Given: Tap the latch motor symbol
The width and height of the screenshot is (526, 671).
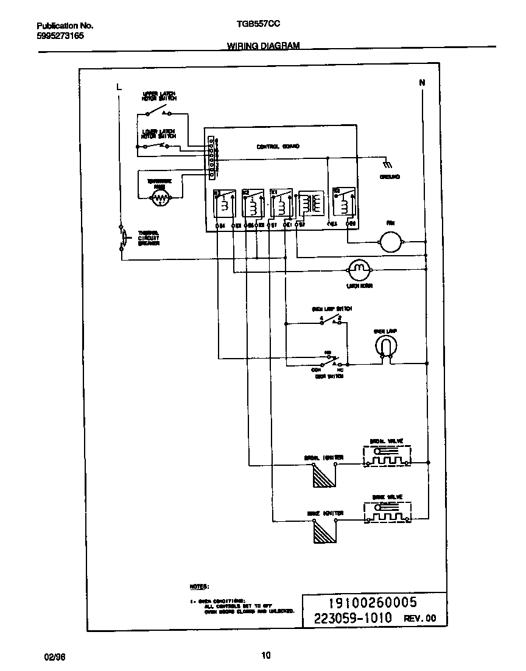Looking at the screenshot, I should [359, 267].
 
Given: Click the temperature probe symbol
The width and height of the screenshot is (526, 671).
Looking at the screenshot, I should [160, 196].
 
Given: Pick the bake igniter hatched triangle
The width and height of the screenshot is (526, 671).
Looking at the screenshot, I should [320, 532].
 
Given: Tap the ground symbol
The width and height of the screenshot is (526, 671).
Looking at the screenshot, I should [386, 164].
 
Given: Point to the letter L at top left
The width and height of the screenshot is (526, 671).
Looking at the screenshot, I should [119, 88].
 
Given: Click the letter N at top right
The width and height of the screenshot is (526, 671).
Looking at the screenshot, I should [421, 82].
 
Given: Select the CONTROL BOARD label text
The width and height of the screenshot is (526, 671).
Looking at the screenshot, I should [278, 147].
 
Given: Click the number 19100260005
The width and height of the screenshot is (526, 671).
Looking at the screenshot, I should [373, 603].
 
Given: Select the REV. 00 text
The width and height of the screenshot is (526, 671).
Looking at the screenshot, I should [420, 618].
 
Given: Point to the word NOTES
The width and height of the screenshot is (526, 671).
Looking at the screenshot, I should [199, 586].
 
